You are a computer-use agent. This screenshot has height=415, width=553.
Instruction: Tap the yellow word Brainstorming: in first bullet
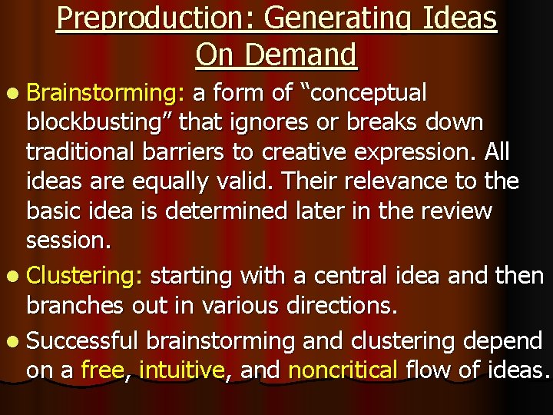point(105,94)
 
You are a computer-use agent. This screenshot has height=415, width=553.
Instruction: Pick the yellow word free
point(103,371)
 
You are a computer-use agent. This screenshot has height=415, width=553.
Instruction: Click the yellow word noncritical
point(343,371)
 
